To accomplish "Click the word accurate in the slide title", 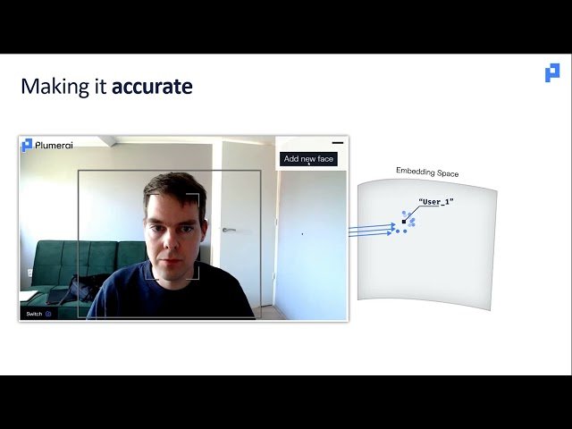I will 152,87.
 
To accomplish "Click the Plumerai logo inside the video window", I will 46,146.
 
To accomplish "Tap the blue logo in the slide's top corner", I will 552,73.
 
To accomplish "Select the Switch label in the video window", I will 34,314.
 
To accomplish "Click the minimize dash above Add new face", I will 337,142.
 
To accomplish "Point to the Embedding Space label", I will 427,172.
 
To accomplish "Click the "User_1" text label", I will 436,202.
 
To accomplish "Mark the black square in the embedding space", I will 404,221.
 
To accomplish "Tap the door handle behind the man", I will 230,230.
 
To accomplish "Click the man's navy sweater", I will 170,295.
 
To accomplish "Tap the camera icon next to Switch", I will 48,314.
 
